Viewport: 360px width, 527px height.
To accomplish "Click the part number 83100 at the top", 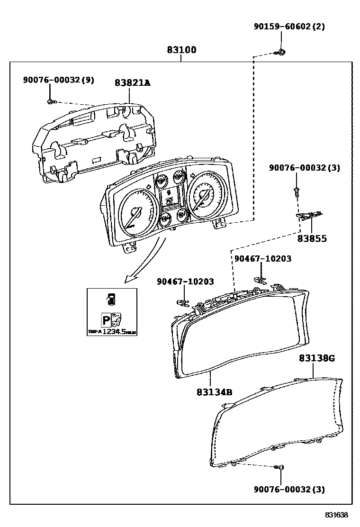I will point(181,50).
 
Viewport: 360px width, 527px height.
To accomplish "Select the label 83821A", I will point(132,82).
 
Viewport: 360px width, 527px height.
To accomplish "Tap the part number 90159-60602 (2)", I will point(288,27).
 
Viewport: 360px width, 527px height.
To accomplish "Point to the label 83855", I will point(312,239).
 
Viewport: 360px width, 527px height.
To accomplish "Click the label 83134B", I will point(214,392).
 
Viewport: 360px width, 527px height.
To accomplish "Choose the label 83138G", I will point(316,358).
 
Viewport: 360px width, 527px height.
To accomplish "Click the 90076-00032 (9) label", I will point(58,80).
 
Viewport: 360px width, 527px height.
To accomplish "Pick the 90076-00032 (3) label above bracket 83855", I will point(304,168).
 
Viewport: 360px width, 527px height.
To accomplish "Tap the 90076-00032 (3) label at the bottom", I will point(289,489).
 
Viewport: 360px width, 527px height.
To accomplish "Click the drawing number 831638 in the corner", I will point(336,515).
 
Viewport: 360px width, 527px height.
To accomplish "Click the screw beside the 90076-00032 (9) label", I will point(51,101).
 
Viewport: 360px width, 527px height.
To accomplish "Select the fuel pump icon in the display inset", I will point(111,299).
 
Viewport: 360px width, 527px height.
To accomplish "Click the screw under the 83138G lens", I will point(279,468).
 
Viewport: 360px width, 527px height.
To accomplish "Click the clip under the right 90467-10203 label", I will point(259,279).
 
